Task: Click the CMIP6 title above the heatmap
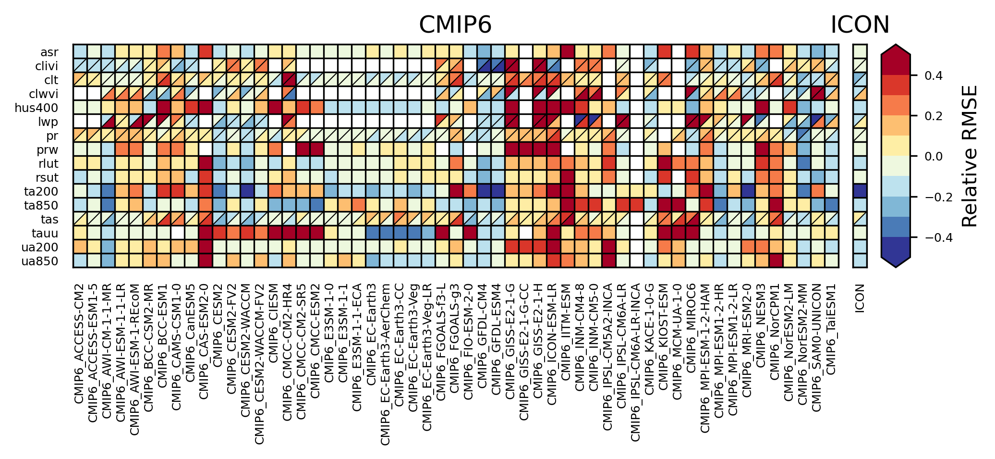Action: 455,25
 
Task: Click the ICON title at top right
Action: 860,25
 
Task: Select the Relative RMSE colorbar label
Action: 970,156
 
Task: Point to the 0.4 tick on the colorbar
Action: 932,75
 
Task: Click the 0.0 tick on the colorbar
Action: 932,156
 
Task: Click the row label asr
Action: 49,52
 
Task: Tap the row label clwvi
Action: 47,94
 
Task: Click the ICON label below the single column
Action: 860,298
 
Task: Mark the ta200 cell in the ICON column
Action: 860,191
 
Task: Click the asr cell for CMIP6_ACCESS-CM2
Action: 80,51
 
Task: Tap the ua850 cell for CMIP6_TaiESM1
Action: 832,261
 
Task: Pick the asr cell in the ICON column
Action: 860,51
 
